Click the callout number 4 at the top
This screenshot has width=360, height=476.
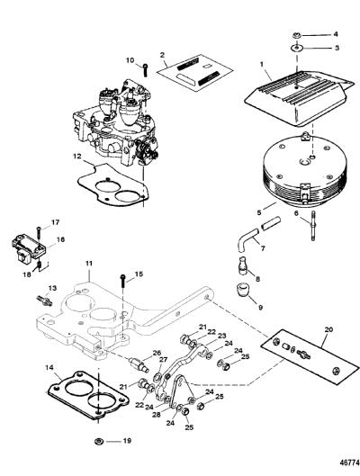(x=336, y=34)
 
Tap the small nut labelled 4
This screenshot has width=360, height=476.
(x=297, y=35)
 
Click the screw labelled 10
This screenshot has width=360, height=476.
(x=146, y=70)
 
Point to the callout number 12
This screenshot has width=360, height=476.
(x=77, y=157)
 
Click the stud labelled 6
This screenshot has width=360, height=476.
(x=312, y=226)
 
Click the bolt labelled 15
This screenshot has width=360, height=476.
(x=123, y=282)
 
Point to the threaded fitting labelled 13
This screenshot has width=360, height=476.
(x=44, y=300)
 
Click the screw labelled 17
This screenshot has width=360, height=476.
(x=39, y=235)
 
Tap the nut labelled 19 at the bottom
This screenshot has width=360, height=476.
(x=99, y=441)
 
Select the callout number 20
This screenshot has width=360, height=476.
(x=328, y=329)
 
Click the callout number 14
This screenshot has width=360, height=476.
(x=49, y=368)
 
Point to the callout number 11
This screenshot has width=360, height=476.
(x=88, y=264)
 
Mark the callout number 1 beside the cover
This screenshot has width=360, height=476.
(x=261, y=65)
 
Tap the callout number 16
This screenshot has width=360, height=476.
(x=60, y=239)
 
